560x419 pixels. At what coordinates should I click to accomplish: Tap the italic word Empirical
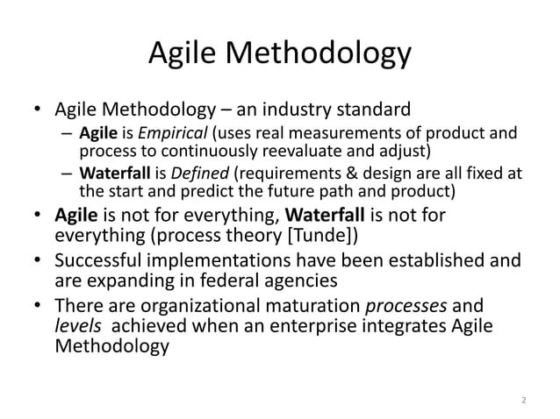(x=162, y=134)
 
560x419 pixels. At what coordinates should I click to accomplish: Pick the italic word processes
(x=429, y=306)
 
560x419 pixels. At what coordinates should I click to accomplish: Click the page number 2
(x=523, y=401)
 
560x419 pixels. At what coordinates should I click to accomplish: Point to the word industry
(x=294, y=110)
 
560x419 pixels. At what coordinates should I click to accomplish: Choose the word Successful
(x=102, y=260)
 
